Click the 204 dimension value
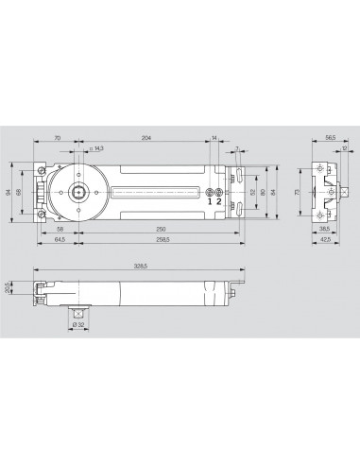tap(146, 138)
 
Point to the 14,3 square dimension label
tap(95, 147)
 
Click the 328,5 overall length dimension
tap(142, 268)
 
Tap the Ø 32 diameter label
tap(78, 325)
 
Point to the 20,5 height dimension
tap(8, 286)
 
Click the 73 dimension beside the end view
tap(298, 192)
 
